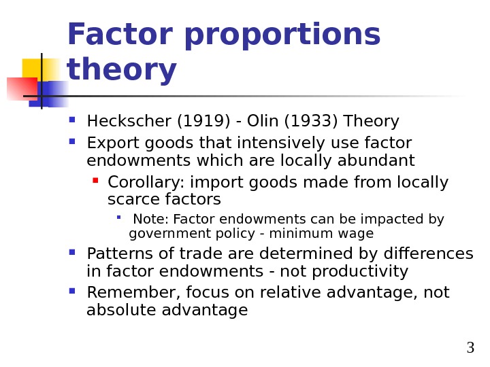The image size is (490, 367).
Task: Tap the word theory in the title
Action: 122,71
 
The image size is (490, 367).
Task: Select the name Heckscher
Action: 129,122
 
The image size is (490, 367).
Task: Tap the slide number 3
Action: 470,349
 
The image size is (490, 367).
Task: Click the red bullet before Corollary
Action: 95,181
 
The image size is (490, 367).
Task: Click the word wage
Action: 359,234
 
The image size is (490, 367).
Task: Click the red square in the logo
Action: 21,88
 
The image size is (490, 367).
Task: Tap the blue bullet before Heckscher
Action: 72,120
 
